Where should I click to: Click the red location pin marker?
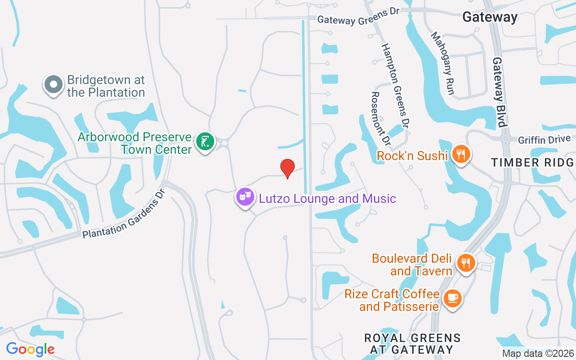click(288, 168)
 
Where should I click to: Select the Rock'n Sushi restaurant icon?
click(461, 154)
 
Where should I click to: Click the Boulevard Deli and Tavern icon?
click(466, 262)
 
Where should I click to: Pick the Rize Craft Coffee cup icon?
click(452, 298)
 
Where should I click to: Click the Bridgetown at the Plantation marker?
click(54, 84)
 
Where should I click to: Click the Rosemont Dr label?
click(380, 118)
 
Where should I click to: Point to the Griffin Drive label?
click(544, 140)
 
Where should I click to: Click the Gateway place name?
click(490, 17)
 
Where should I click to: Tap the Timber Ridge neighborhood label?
click(533, 162)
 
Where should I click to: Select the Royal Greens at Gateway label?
click(412, 344)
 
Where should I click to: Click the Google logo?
click(30, 349)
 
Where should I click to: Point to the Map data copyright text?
click(538, 353)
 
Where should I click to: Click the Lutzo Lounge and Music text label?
click(327, 198)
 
